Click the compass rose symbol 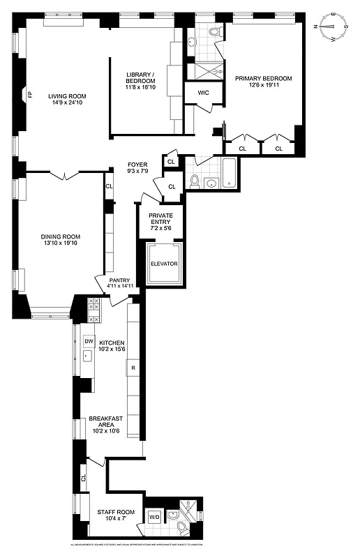click(x=333, y=28)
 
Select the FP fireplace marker click(x=29, y=94)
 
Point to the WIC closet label click(x=203, y=92)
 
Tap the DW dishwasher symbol click(x=89, y=342)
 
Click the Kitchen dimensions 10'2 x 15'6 click(x=112, y=351)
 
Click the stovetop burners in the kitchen click(x=93, y=309)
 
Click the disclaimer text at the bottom click(x=180, y=544)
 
